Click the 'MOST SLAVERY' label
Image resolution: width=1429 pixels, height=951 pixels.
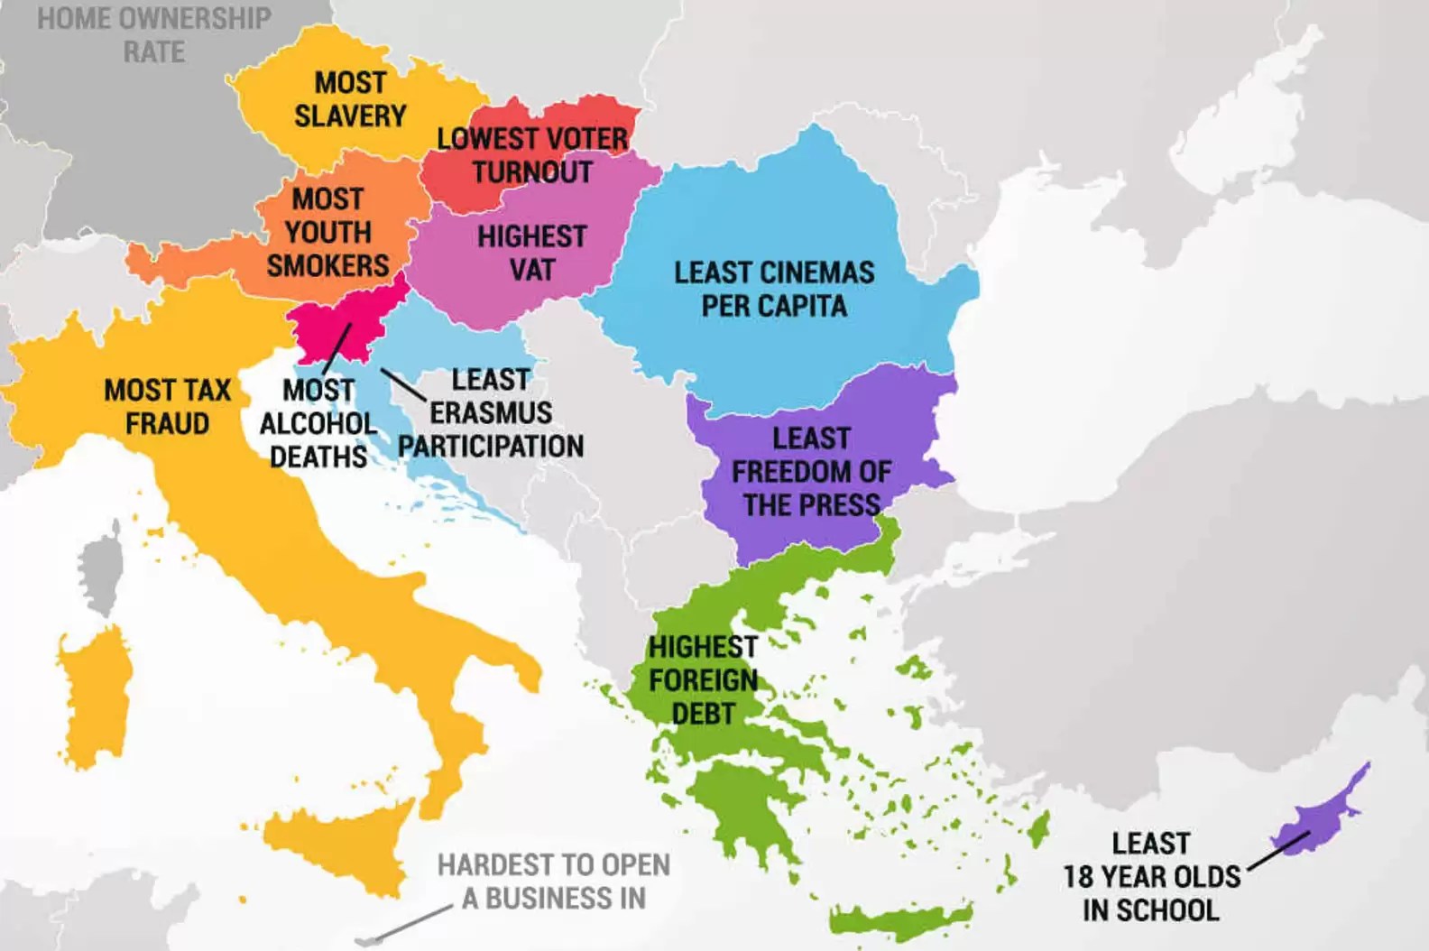(x=350, y=99)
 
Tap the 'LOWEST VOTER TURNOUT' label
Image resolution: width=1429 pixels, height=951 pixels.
(x=532, y=155)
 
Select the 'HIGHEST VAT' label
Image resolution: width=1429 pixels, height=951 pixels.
(x=531, y=253)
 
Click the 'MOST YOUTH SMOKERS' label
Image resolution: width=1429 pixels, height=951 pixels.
(x=328, y=232)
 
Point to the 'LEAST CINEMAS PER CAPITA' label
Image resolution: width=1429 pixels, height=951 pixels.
(x=774, y=289)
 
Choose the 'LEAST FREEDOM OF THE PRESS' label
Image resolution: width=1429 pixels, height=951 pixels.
(x=810, y=471)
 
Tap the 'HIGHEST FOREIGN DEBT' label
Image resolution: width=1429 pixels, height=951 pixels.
(x=703, y=679)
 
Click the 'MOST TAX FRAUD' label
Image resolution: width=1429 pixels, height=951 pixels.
(x=168, y=406)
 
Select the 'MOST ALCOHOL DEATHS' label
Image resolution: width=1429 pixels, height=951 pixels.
(x=318, y=423)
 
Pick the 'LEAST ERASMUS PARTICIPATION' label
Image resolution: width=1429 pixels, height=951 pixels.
(x=491, y=412)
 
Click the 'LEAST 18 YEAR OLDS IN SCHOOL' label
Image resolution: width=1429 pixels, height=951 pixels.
(x=1151, y=876)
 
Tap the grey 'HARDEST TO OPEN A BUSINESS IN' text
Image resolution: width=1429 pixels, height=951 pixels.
(x=554, y=882)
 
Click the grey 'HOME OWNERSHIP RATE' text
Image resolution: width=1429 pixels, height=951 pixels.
(x=153, y=34)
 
